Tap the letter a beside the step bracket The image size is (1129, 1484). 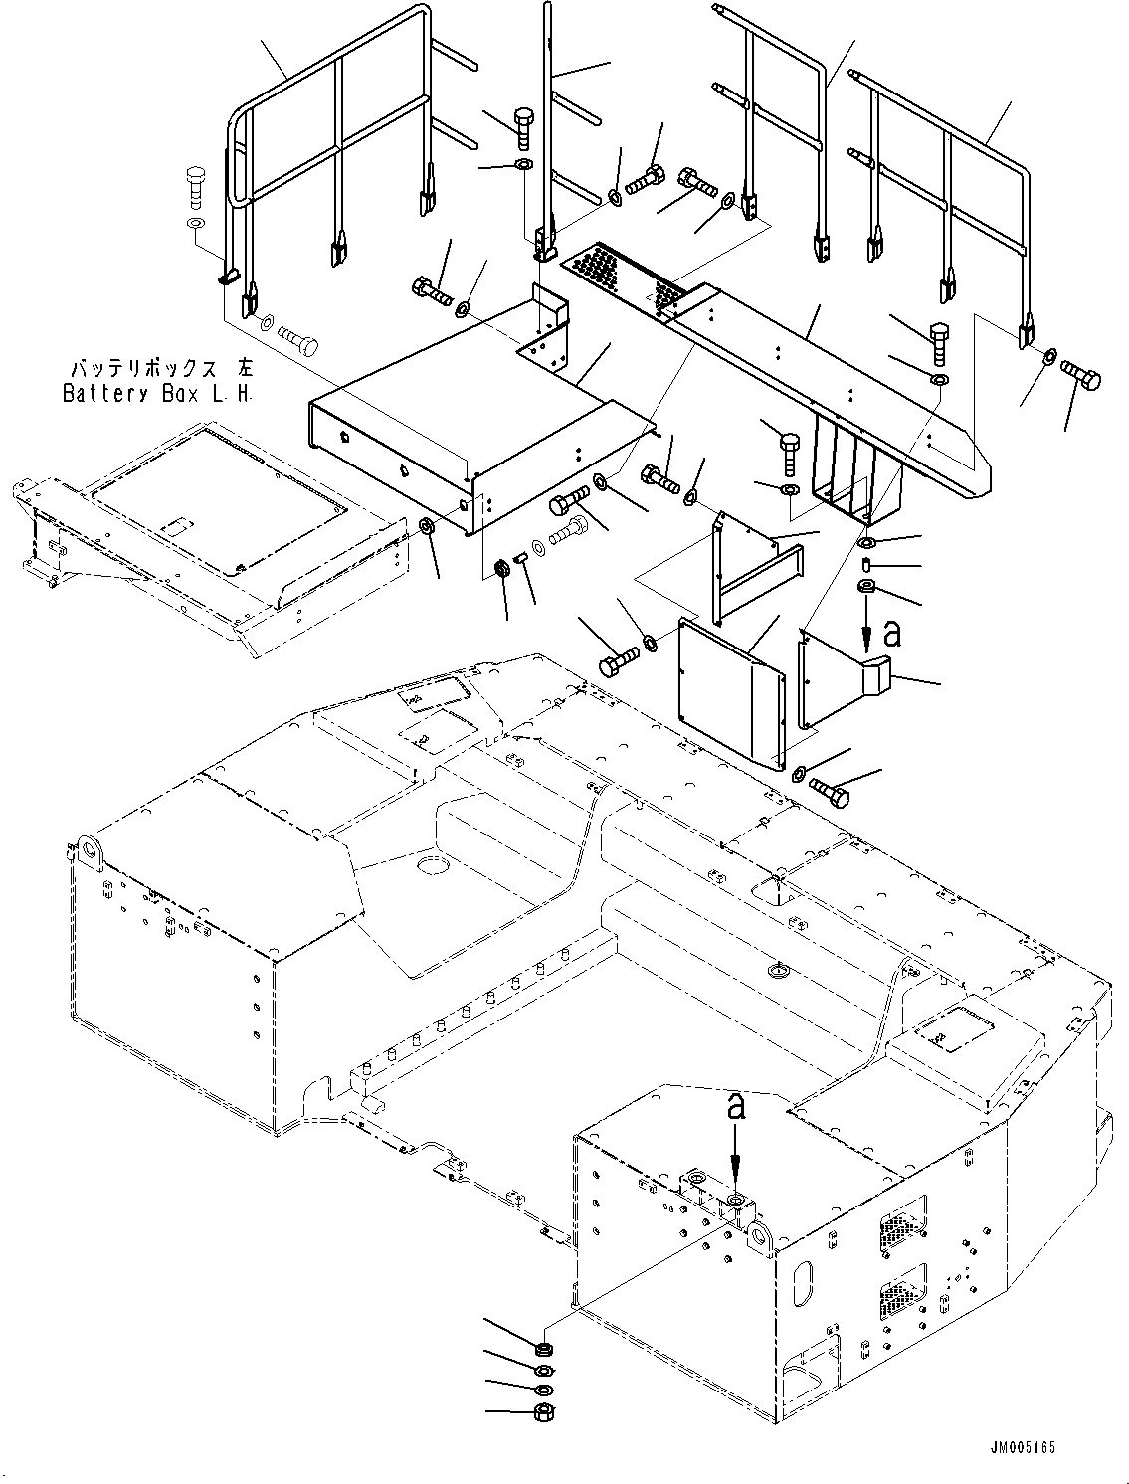click(x=893, y=634)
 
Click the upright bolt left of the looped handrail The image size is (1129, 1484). click(x=194, y=187)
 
